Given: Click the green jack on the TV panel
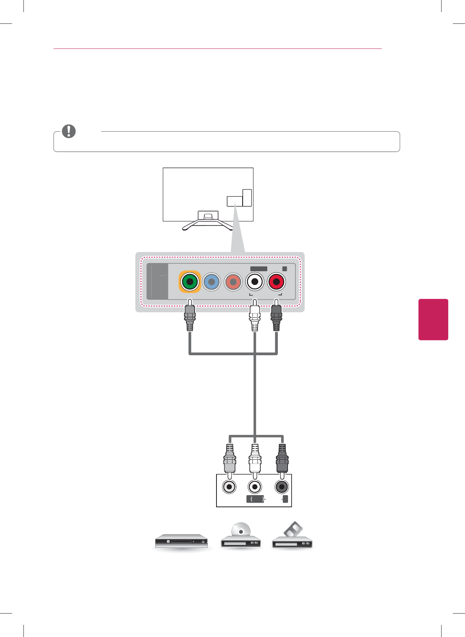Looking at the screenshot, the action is click(x=190, y=281).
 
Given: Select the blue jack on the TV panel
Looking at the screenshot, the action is click(x=211, y=281).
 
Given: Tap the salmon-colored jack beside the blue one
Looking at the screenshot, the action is click(x=233, y=281).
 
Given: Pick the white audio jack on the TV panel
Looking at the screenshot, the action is click(x=255, y=281).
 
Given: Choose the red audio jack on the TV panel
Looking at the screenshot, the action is click(x=276, y=281).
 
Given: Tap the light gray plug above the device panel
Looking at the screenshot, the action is click(x=230, y=460).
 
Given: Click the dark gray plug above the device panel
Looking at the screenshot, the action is click(x=282, y=460).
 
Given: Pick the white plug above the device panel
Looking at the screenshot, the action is click(x=255, y=460).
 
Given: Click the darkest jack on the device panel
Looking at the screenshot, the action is click(x=281, y=487).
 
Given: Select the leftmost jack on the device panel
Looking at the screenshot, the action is click(x=229, y=487).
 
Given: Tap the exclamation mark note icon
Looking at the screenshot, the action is click(x=69, y=131).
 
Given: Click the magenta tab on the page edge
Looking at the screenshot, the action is click(x=433, y=319).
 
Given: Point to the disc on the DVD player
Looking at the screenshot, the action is click(x=241, y=530).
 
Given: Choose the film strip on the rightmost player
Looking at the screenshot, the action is click(x=293, y=530).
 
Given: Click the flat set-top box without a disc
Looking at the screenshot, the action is click(x=181, y=541).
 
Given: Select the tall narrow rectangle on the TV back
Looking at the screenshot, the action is click(x=247, y=198).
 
